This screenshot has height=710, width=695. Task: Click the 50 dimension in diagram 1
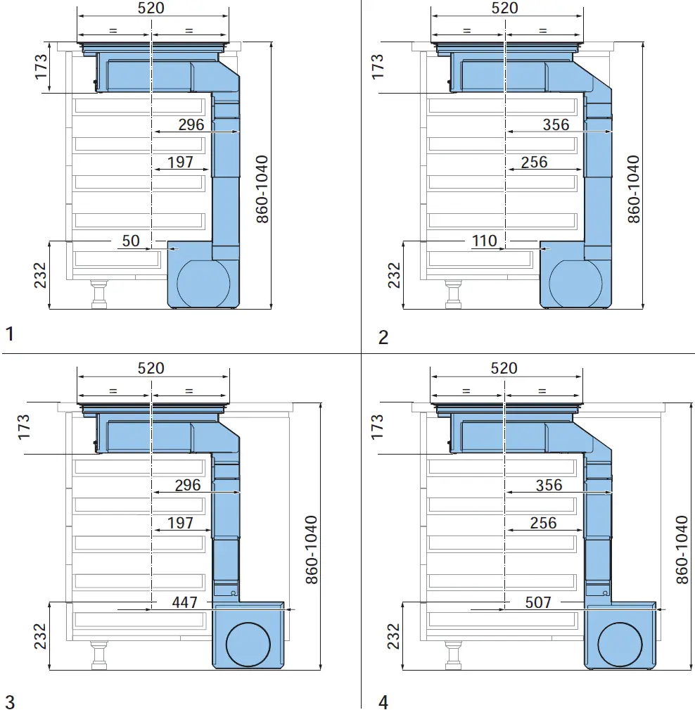coord(131,241)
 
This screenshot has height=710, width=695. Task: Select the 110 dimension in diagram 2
coord(484,241)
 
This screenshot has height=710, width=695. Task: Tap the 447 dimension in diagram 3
coord(185,602)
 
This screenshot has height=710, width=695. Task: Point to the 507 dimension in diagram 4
coord(538,602)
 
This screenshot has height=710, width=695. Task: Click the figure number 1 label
coord(9,334)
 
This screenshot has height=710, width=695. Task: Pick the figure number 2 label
coord(383,337)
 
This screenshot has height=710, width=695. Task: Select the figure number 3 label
coord(9,701)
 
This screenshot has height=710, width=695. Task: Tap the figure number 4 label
coord(383,701)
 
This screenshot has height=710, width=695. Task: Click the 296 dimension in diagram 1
coord(191,125)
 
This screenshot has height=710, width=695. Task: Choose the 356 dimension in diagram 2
coord(556,125)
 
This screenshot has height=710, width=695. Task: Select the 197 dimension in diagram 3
coord(180,523)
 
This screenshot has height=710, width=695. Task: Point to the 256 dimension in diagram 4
coord(543,523)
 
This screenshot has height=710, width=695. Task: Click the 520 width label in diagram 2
coord(504,8)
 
